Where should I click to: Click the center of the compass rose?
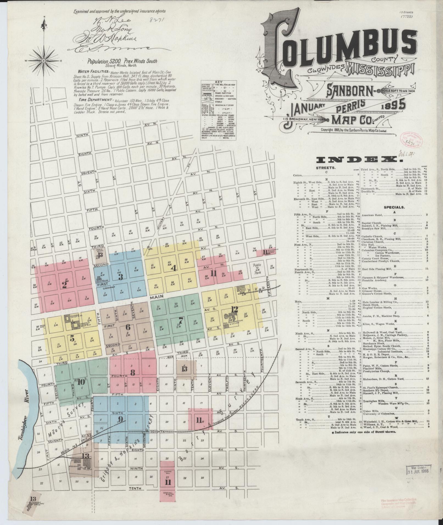44,60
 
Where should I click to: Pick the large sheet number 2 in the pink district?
65,285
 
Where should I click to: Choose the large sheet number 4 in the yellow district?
173,268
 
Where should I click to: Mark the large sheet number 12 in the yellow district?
234,309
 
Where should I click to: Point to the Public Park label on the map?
257,267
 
